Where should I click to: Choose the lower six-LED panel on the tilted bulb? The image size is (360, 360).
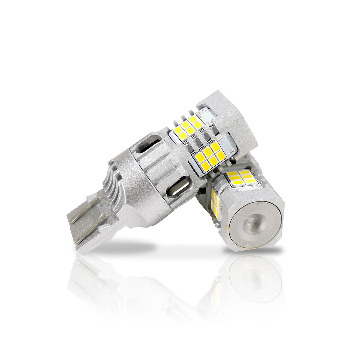[209, 157]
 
